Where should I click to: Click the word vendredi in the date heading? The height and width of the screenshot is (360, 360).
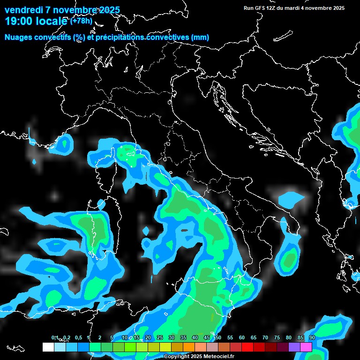pos(23,10)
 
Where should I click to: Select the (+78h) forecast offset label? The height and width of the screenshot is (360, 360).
pos(81,21)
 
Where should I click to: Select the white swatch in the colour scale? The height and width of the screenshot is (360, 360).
pos(48,347)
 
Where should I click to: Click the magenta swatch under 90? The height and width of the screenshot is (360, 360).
pos(306,347)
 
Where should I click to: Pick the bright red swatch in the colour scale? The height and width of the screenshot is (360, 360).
pos(247,347)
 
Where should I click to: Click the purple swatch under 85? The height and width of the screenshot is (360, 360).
pos(294,347)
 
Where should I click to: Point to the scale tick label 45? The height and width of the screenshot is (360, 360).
pos(207,338)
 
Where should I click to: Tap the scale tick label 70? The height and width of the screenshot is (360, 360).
pos(265,338)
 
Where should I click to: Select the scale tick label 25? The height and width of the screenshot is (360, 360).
pos(160,338)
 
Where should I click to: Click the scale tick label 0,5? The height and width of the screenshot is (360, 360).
pos(78,338)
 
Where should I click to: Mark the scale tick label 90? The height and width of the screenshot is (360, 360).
pos(312,338)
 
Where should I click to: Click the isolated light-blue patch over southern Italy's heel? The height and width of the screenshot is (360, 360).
pos(291,199)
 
